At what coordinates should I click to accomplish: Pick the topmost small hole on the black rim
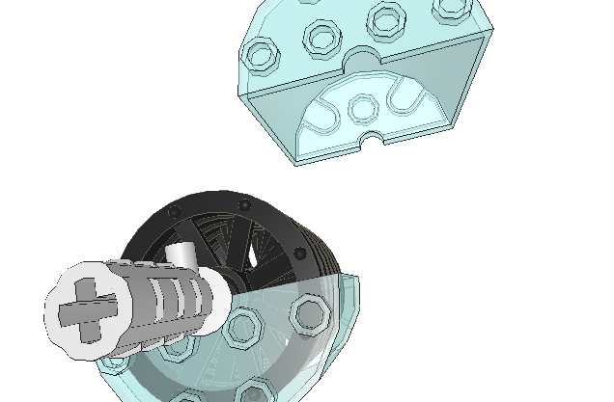243,203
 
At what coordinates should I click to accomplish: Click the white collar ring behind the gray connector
218,307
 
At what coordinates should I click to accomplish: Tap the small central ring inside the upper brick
363,109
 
